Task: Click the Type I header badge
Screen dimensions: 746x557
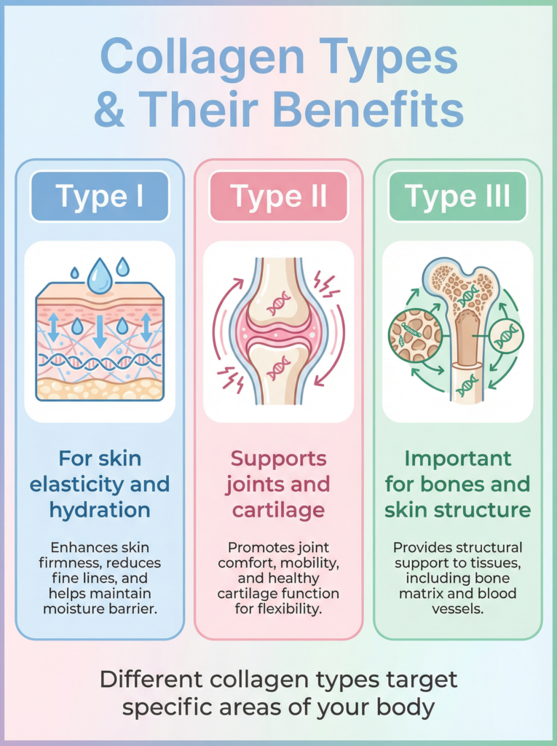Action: [x=99, y=197]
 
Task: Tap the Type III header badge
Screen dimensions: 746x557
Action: [x=457, y=197]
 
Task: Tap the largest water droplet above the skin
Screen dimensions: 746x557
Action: [x=100, y=277]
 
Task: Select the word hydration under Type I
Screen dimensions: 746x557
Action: [x=99, y=509]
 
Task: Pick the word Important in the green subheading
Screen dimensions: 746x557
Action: [x=457, y=459]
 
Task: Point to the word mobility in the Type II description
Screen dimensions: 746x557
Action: [x=305, y=562]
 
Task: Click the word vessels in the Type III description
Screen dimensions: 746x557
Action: [x=457, y=609]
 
